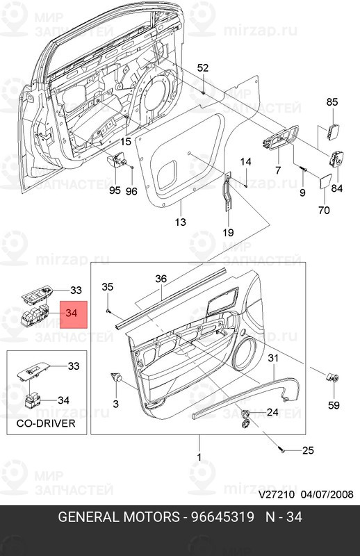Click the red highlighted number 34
[x=72, y=313]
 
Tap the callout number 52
[x=203, y=67]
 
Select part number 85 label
[x=332, y=102]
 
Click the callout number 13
[x=181, y=222]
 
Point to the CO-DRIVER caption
[x=46, y=423]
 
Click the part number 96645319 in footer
[x=222, y=517]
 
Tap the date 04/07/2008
[x=327, y=494]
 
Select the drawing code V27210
[x=277, y=494]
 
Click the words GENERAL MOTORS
[x=119, y=517]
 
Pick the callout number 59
[x=334, y=405]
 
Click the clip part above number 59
[x=332, y=377]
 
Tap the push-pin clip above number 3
[x=116, y=377]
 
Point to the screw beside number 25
[x=281, y=450]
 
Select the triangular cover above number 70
[x=324, y=181]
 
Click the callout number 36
[x=161, y=279]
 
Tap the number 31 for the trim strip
[x=273, y=358]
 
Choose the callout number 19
[x=229, y=233]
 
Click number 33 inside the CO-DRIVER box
[x=74, y=366]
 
